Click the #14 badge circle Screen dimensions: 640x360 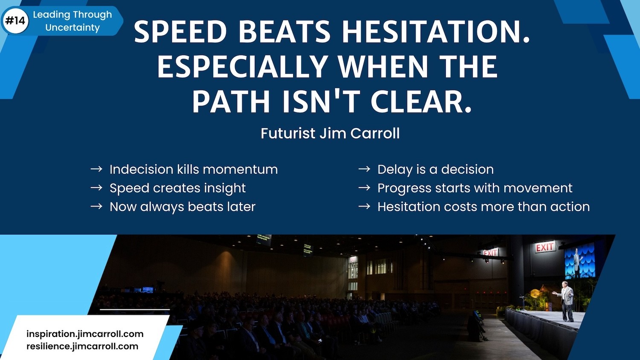[15, 21]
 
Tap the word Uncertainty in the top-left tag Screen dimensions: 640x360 [72, 28]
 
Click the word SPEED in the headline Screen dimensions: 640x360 [180, 32]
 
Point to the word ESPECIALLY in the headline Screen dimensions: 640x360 [242, 67]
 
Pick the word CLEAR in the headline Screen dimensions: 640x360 [421, 102]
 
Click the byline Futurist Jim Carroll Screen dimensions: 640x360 [330, 134]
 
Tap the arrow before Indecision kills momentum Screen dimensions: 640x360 [96, 169]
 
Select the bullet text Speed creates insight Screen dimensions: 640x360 [177, 188]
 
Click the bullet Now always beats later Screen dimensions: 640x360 [183, 207]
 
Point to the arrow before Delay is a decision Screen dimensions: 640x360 [364, 169]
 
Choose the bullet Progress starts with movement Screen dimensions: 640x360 [475, 188]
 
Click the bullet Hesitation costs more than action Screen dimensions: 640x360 [484, 207]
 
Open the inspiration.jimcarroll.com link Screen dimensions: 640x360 [85, 334]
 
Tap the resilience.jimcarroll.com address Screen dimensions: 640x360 [82, 346]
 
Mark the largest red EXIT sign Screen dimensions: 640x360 [545, 247]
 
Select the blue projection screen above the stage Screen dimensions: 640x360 [579, 261]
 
